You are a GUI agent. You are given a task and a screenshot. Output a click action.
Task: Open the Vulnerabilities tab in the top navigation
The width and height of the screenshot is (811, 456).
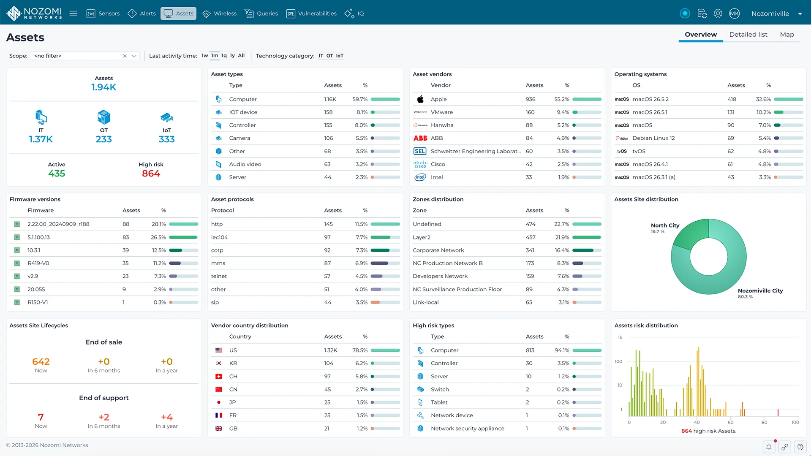tap(312, 14)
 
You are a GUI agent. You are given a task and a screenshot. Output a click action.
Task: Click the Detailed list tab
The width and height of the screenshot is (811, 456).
tap(748, 35)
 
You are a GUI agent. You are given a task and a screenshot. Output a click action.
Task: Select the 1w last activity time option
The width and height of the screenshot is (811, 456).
tap(204, 56)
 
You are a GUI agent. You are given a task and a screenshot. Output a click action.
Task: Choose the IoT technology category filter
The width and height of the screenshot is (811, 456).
tap(340, 56)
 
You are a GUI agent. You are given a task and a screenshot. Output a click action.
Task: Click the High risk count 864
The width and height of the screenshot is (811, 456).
tap(151, 174)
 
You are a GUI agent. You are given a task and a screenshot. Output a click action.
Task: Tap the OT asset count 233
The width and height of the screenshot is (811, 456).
tap(104, 139)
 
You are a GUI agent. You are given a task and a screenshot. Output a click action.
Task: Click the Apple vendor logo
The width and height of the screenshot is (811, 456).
tap(420, 99)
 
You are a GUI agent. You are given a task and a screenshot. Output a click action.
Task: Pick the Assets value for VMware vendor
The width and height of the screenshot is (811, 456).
tap(530, 112)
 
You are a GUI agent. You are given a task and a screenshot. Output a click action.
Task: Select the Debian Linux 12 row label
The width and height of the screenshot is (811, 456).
tap(653, 138)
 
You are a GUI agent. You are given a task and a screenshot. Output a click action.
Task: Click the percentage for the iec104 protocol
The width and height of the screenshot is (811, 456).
tap(362, 237)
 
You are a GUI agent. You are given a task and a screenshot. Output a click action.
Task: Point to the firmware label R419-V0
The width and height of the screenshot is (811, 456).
tap(38, 263)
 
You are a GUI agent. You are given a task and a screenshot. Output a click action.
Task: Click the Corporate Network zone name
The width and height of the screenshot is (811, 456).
tap(438, 250)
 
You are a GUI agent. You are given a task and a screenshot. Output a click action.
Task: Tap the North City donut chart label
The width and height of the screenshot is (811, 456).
tap(665, 225)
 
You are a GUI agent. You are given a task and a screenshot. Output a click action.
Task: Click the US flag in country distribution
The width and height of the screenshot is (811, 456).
tap(219, 350)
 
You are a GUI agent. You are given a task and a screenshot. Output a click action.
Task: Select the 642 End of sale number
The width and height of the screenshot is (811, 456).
tap(41, 362)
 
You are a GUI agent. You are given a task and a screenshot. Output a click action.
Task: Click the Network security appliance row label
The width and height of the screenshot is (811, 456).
tap(468, 429)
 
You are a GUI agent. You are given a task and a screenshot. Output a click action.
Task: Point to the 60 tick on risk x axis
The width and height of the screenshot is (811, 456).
tap(731, 422)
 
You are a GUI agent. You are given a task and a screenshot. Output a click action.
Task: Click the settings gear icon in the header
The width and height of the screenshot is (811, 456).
tap(718, 14)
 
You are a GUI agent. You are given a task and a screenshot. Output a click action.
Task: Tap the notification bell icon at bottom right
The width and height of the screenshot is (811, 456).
tap(769, 447)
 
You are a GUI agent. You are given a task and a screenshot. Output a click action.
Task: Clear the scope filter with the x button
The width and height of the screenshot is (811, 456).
tap(125, 56)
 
